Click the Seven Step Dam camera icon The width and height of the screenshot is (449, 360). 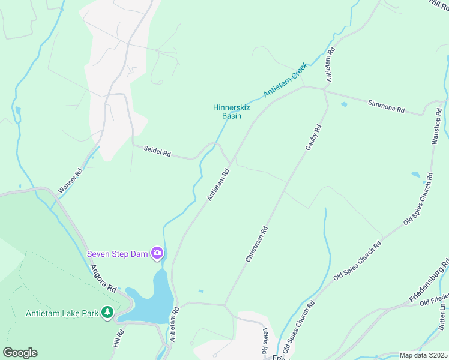tap(158, 253)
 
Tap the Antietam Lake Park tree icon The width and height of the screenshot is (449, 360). tap(107, 312)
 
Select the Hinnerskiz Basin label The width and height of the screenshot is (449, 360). tap(228, 112)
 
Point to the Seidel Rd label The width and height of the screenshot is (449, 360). tap(157, 151)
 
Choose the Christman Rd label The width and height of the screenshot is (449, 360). tap(256, 244)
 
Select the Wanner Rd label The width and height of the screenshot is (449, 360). tap(70, 180)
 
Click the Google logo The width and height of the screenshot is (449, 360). tap(20, 353)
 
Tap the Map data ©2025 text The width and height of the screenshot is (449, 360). tap(423, 355)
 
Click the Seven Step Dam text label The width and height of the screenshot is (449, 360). tap(117, 253)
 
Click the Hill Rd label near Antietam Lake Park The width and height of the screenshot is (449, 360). tap(119, 340)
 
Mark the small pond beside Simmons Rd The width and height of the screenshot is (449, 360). tap(343, 104)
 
